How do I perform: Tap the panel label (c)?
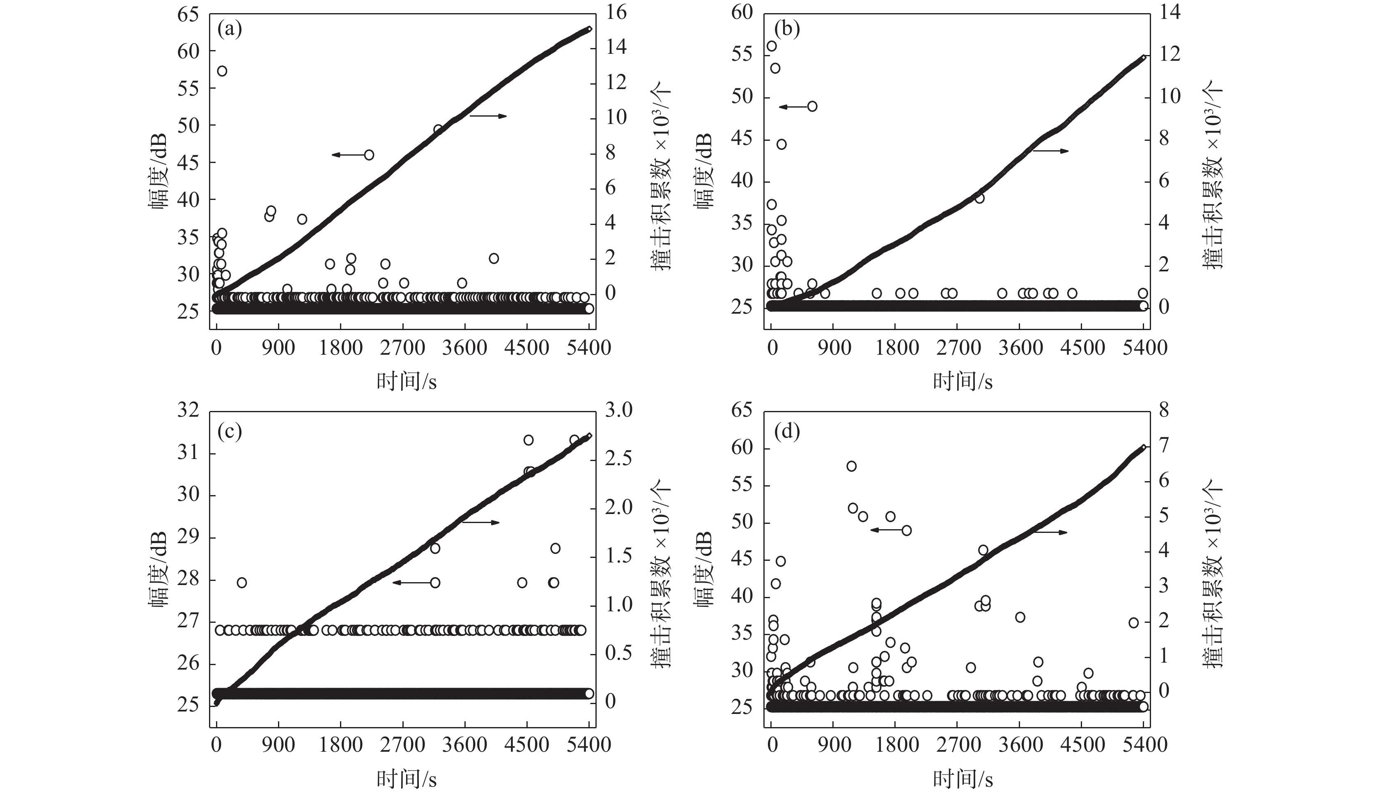(230, 431)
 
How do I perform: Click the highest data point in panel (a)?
(222, 71)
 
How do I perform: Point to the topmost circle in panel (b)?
(772, 46)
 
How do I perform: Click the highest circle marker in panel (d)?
(851, 466)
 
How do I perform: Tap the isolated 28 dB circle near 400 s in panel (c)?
(241, 583)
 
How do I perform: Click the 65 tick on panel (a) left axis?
(188, 14)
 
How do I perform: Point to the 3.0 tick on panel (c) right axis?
(618, 410)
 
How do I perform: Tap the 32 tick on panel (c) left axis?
(188, 410)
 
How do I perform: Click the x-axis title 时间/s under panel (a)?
(406, 381)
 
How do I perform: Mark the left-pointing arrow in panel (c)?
(411, 583)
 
